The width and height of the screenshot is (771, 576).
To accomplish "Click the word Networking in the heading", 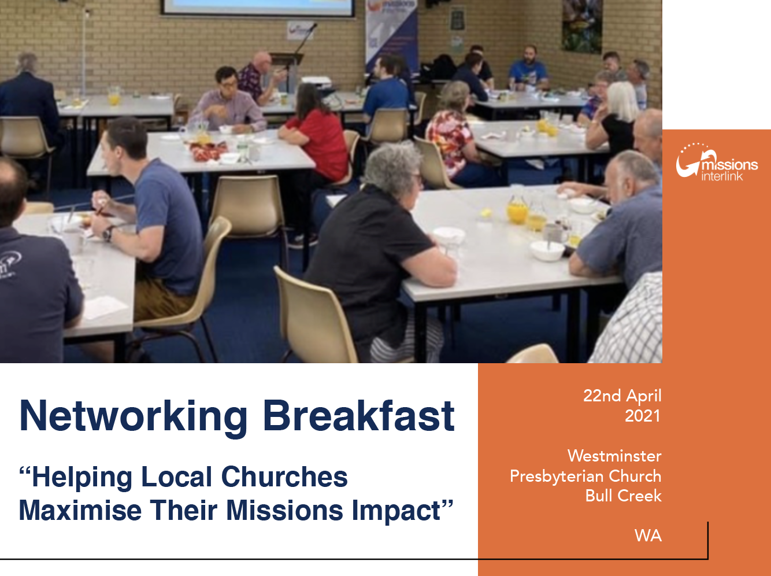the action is (x=134, y=417).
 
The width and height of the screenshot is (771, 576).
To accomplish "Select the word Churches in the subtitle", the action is (x=284, y=477).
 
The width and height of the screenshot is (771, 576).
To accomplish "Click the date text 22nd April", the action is (x=622, y=396).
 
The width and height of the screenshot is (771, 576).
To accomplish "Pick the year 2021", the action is (x=643, y=416).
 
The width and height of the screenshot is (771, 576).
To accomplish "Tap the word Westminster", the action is (x=614, y=456).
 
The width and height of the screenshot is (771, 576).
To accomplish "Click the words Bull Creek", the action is (x=623, y=496).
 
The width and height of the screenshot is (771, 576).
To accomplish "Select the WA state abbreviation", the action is (x=648, y=536).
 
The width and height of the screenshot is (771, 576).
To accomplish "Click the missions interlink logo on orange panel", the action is (x=717, y=162).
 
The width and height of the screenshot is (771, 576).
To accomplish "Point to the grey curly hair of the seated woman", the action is (x=392, y=166).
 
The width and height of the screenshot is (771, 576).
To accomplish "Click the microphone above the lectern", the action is (x=305, y=38).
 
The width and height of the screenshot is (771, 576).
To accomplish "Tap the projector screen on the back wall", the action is (x=257, y=8).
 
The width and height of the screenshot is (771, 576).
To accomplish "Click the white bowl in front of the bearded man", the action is (x=547, y=250).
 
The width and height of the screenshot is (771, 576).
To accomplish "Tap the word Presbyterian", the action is (x=557, y=477).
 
